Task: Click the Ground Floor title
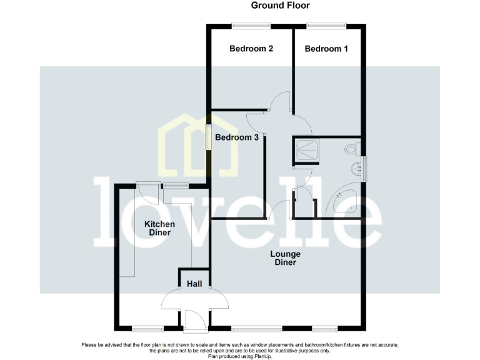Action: pyautogui.click(x=280, y=6)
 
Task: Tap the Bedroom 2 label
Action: pyautogui.click(x=251, y=49)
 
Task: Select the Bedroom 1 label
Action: pyautogui.click(x=327, y=49)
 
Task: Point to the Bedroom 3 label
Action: pyautogui.click(x=237, y=137)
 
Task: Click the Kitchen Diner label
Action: pyautogui.click(x=159, y=228)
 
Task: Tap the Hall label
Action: pyautogui.click(x=194, y=284)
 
